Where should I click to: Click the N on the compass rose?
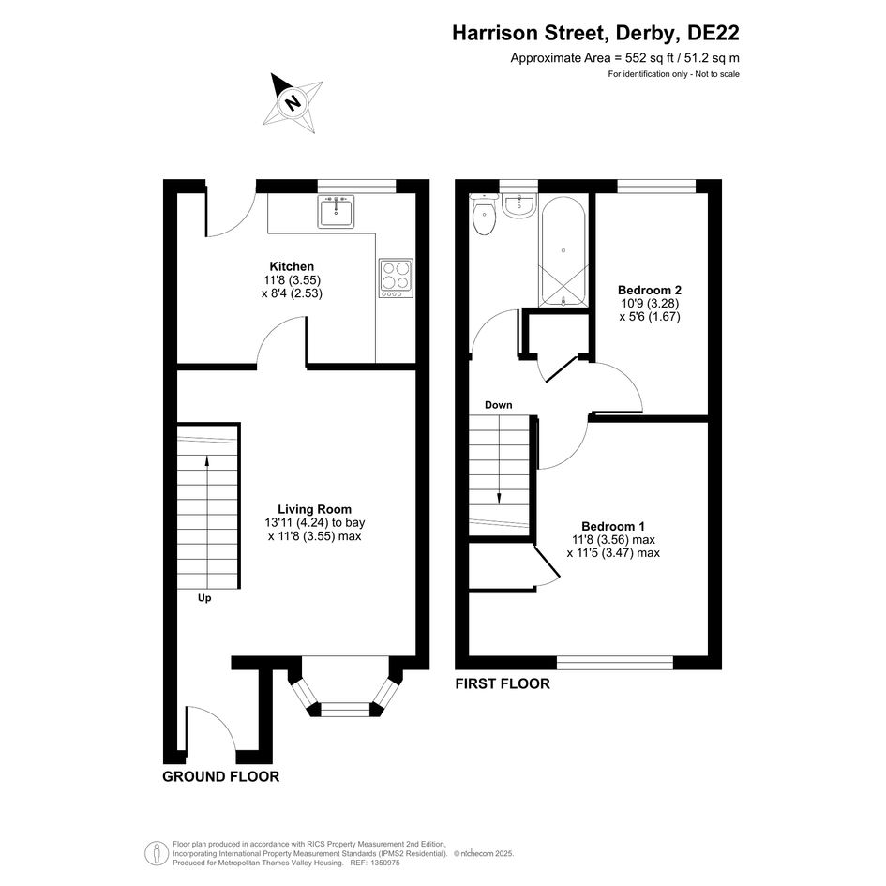click(293, 103)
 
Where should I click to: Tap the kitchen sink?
click(336, 211)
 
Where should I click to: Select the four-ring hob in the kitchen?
click(396, 278)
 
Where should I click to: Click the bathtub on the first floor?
click(563, 251)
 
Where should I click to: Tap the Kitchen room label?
click(292, 266)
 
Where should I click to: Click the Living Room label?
click(315, 509)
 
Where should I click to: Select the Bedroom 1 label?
click(613, 526)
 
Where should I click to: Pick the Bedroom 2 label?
click(649, 290)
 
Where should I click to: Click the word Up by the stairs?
click(204, 598)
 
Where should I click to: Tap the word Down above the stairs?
click(499, 405)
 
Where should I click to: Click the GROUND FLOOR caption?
click(221, 776)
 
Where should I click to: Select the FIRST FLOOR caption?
click(503, 683)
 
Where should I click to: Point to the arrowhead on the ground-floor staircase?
click(207, 461)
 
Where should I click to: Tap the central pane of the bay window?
click(345, 707)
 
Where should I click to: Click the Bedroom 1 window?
click(615, 662)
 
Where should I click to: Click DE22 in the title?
click(713, 33)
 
